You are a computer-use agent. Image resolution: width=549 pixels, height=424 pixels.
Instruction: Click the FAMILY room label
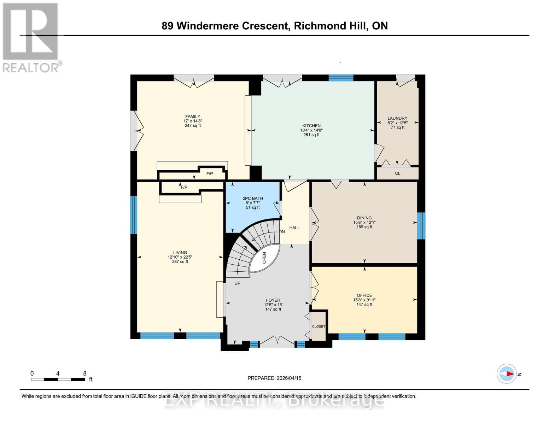(193, 117)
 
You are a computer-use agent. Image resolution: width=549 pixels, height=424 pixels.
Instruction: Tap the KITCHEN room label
(311, 126)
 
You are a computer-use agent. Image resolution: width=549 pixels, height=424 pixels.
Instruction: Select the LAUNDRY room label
(397, 118)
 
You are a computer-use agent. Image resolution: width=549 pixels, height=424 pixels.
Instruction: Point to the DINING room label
(364, 218)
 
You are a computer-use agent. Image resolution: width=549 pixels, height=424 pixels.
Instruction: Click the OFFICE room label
(364, 295)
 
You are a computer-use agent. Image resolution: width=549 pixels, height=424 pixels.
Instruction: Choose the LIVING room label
(180, 253)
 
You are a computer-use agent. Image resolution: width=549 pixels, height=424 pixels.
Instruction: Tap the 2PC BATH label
(253, 199)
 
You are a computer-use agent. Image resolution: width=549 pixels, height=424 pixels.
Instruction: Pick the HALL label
(294, 228)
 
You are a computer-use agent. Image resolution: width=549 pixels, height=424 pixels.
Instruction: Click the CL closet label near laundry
(398, 173)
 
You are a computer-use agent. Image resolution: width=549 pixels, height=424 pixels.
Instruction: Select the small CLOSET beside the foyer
(319, 326)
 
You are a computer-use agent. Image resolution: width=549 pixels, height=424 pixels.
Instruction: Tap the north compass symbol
(507, 373)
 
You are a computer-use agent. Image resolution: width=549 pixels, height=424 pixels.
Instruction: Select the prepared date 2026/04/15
(274, 378)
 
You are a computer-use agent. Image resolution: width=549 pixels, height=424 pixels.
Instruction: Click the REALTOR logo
(31, 37)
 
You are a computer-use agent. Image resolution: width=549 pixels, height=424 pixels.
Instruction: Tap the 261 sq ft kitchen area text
(311, 135)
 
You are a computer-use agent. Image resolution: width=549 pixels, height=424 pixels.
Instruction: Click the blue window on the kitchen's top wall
(341, 78)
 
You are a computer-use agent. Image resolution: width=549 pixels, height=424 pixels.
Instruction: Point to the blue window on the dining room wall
(421, 226)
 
